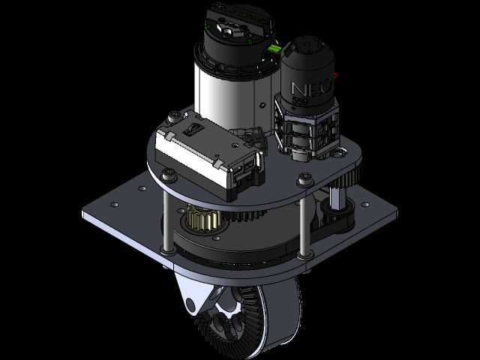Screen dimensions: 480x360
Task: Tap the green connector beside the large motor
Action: point(274,49)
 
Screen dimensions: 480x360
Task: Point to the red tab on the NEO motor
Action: point(336,75)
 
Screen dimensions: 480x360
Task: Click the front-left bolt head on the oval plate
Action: point(169,175)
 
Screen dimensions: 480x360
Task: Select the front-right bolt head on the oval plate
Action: point(305,178)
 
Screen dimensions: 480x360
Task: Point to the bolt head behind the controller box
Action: point(175,117)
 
